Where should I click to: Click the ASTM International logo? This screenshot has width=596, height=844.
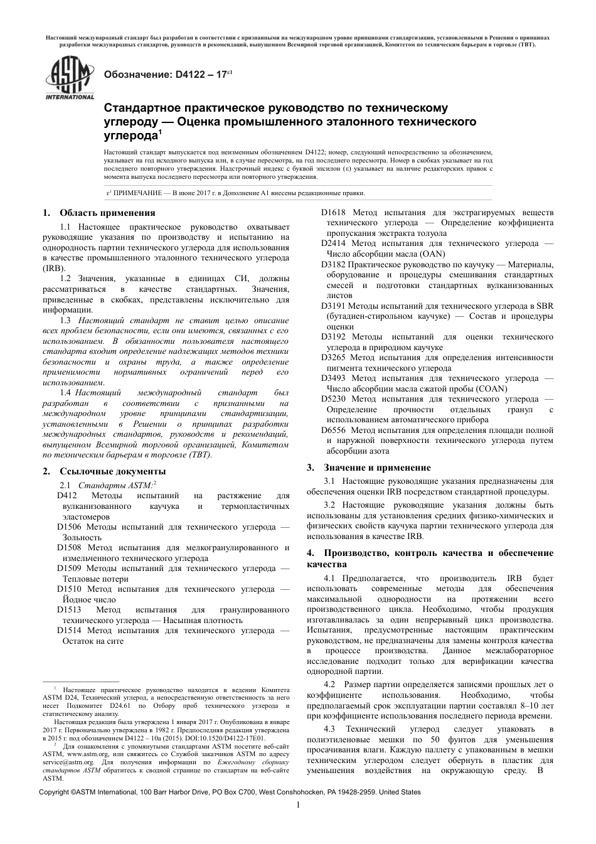coord(68,78)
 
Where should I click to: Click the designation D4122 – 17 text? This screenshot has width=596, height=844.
coord(169,74)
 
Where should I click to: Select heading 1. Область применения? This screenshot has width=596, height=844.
coord(98,213)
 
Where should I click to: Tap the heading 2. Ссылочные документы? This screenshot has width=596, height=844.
coord(104,471)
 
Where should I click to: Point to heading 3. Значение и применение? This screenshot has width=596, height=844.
coord(368,467)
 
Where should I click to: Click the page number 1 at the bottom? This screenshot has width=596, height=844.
coord(299,805)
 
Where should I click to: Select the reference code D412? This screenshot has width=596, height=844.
coord(67,496)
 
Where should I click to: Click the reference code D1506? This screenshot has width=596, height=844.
coord(70,527)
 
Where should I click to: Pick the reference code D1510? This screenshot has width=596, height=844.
coord(70,589)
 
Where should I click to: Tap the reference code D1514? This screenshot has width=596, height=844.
coord(70,631)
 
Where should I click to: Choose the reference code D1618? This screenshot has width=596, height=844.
coord(334,213)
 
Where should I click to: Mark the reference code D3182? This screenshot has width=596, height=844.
coord(334,264)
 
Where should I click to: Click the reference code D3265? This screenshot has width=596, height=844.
coord(334,358)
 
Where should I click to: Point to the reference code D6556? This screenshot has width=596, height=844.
coord(334,430)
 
